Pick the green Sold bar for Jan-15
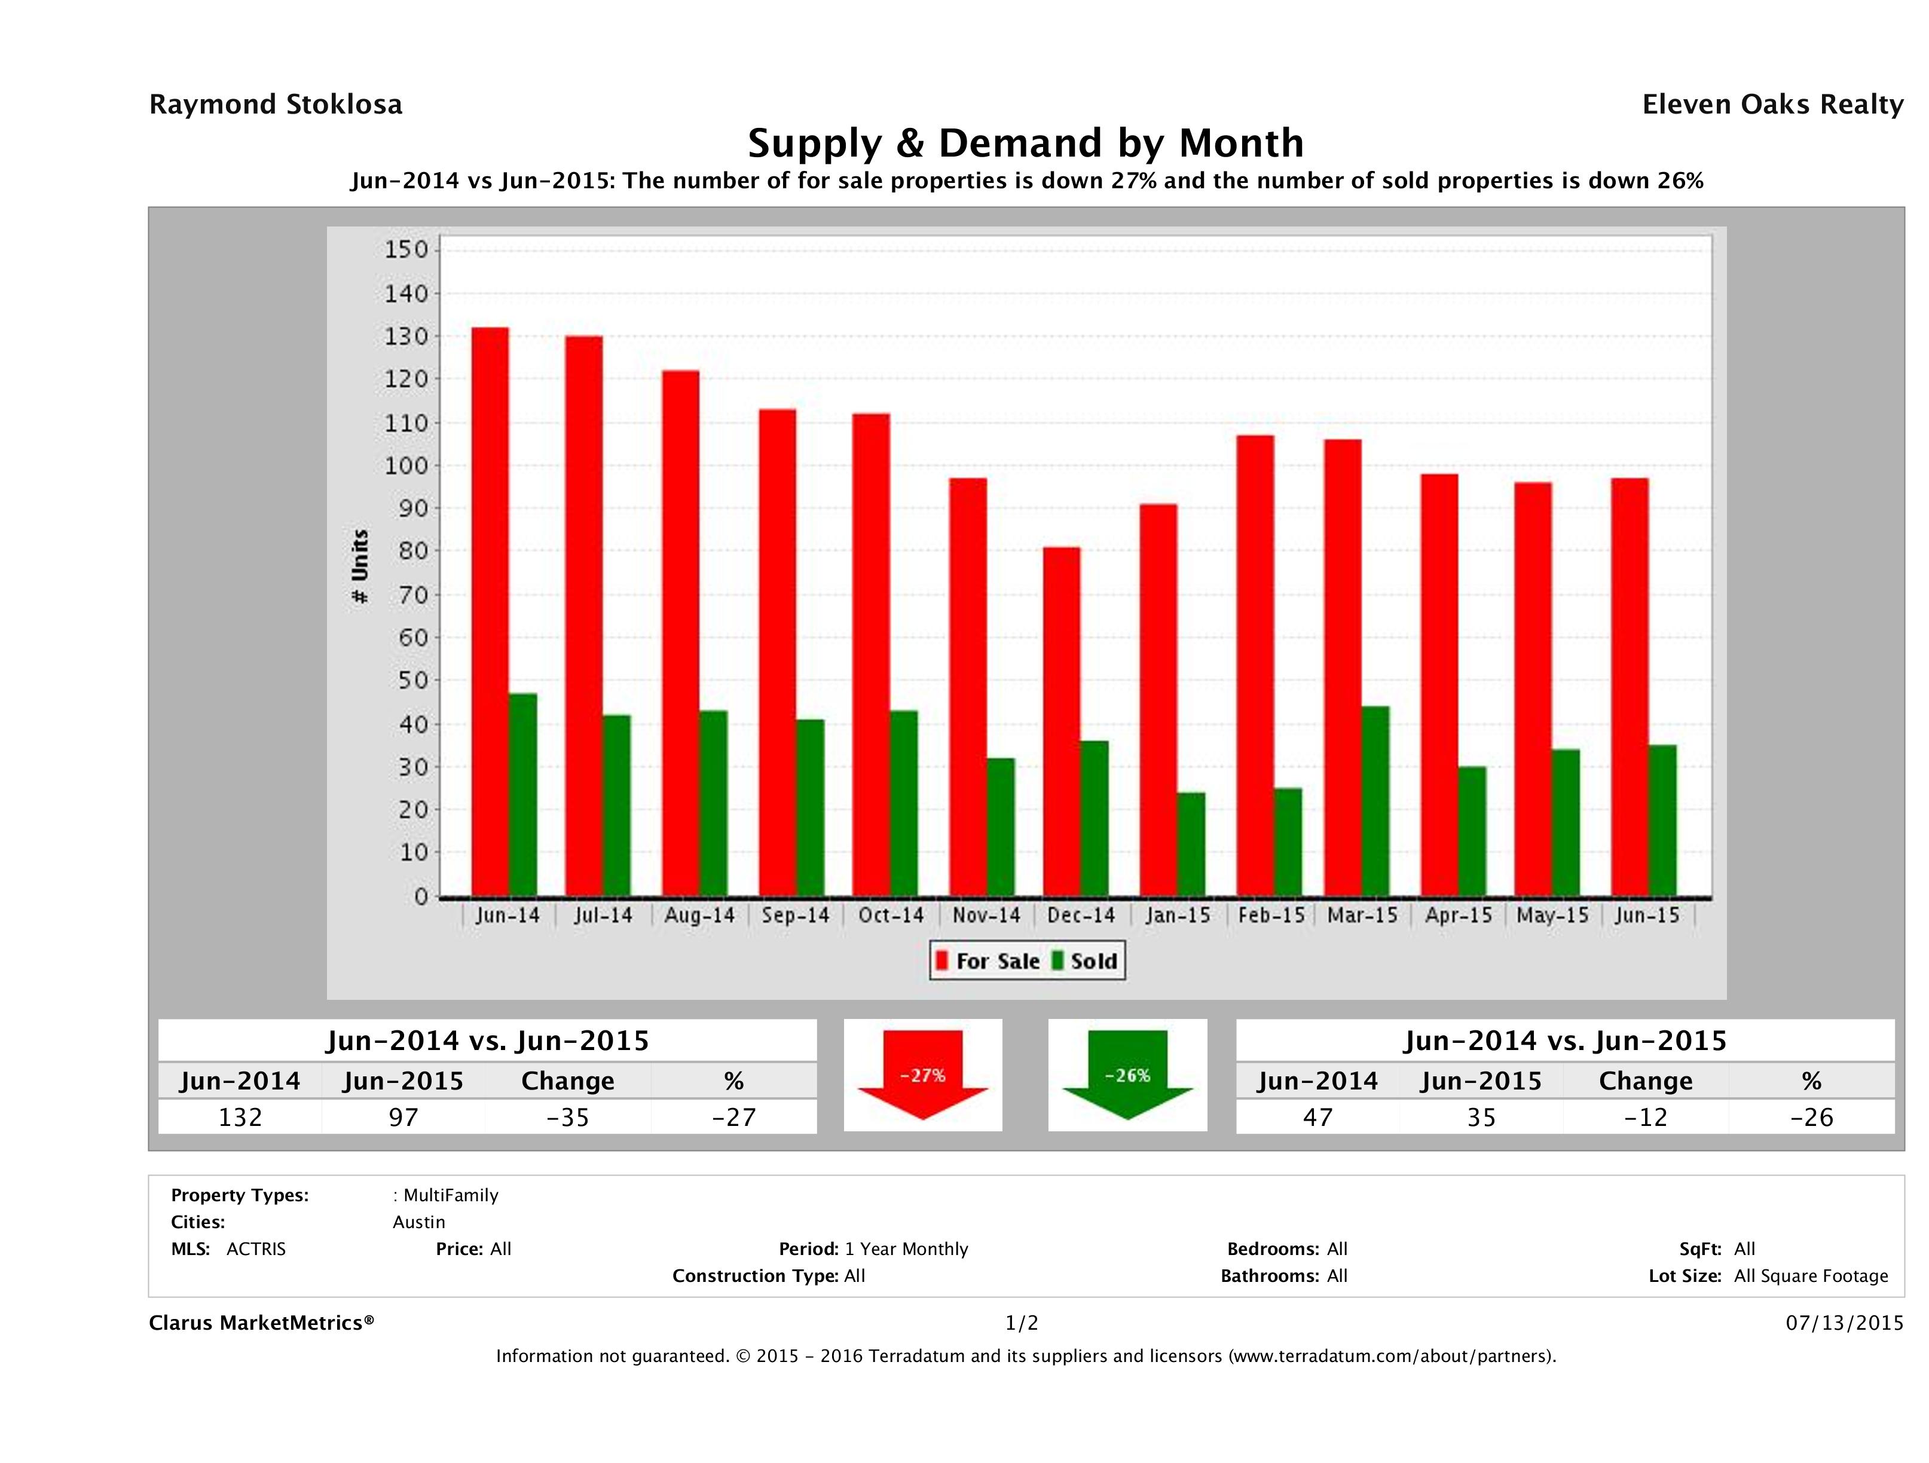click(1191, 844)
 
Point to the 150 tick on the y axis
click(406, 250)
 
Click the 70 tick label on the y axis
click(406, 595)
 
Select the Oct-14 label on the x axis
click(890, 916)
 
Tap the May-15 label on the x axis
click(1552, 916)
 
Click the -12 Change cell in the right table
click(1646, 1117)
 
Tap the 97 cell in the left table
click(403, 1117)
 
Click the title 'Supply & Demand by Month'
click(1026, 143)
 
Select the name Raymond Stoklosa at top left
click(276, 105)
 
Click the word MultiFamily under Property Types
click(451, 1195)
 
